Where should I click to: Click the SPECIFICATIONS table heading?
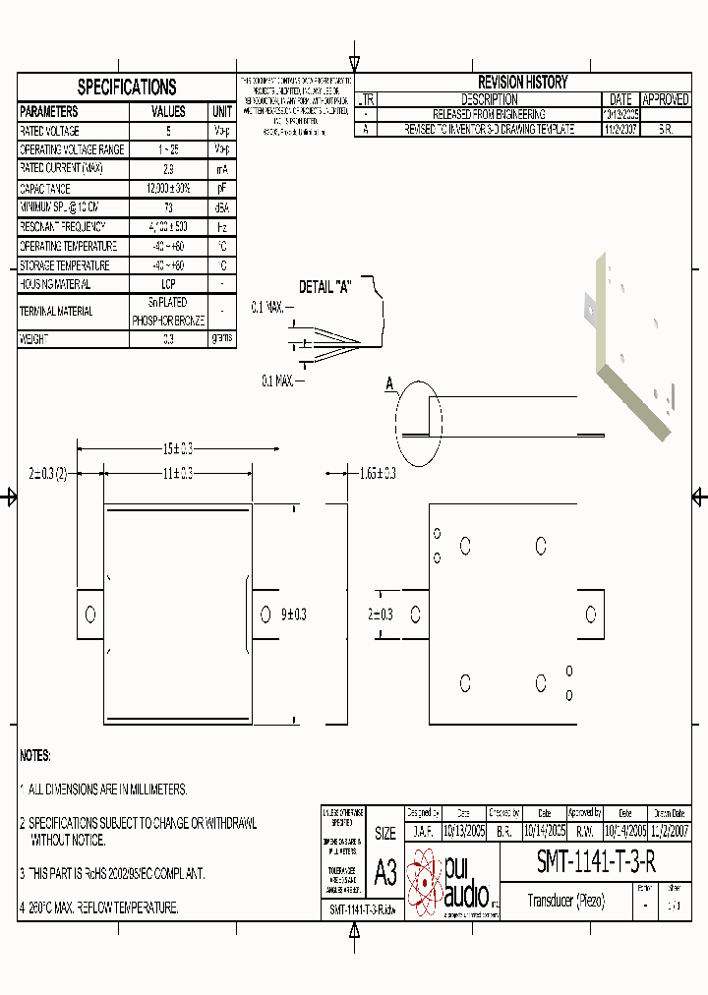click(127, 87)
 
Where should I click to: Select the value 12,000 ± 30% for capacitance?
click(168, 189)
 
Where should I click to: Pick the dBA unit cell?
click(222, 207)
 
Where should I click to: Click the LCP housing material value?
click(168, 284)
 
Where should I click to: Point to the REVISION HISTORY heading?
click(522, 83)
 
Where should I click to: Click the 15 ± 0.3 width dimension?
click(177, 448)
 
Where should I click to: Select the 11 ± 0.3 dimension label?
click(177, 474)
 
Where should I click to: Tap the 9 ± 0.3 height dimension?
click(293, 615)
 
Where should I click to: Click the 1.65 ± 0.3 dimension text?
click(378, 474)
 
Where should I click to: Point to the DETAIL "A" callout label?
click(325, 288)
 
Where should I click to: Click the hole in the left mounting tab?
click(90, 615)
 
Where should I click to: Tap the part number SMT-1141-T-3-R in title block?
click(596, 861)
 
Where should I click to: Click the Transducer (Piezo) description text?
click(566, 901)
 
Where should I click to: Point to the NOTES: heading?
click(35, 756)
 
